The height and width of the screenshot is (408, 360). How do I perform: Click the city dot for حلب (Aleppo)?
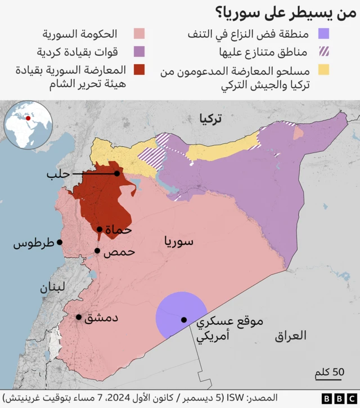[x=117, y=173]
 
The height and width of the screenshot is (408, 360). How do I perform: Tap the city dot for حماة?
[x=100, y=229]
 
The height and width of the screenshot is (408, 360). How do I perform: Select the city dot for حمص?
[x=97, y=251]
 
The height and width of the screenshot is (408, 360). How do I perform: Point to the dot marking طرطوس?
[x=60, y=243]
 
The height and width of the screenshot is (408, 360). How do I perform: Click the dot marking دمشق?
[x=79, y=317]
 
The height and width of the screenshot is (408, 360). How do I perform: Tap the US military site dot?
[x=183, y=320]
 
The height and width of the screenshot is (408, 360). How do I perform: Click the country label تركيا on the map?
[x=210, y=118]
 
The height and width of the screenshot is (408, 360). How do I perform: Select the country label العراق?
[x=291, y=336]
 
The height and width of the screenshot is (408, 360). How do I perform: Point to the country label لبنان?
[x=52, y=288]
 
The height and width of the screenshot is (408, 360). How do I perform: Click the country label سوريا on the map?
[x=179, y=241]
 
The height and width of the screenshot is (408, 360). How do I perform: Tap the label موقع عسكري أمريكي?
[x=222, y=329]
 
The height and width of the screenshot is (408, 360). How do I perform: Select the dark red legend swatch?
[x=137, y=70]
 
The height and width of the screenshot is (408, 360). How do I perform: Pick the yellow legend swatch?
[x=323, y=70]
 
